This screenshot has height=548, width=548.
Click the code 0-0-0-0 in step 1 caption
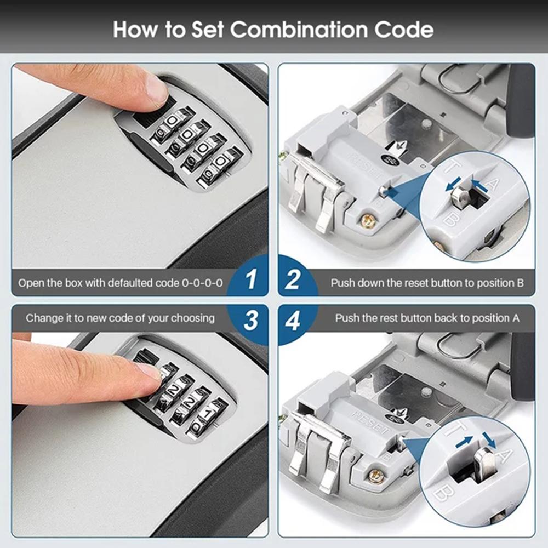tap(202, 283)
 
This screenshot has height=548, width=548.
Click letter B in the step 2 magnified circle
tap(450, 219)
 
